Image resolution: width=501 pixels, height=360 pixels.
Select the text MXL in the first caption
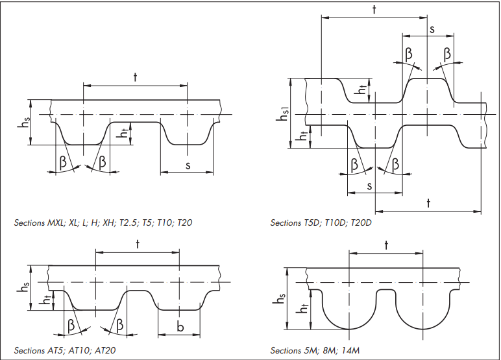pos(55,222)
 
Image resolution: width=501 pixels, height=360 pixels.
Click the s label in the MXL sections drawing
pos(188,166)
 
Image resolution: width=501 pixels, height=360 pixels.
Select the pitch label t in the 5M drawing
pos(386,245)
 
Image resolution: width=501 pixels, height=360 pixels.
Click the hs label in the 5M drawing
pos(280,299)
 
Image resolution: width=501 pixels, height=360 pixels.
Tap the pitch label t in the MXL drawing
pos(135,77)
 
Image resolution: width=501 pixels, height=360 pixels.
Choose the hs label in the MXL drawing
pos(22,123)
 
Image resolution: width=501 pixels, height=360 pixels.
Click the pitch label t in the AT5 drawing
pos(138,244)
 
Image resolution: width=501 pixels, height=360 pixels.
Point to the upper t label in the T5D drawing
pos(375,9)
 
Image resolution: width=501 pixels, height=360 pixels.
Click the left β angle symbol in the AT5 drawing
pos(71,325)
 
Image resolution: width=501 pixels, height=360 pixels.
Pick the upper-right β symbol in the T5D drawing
pos(448,53)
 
